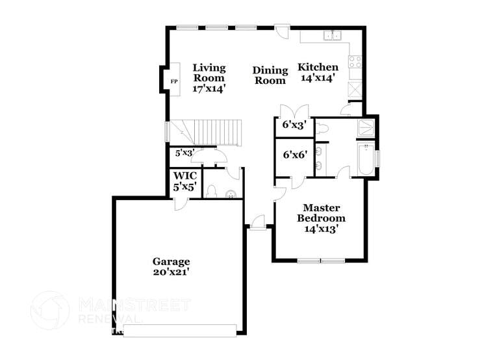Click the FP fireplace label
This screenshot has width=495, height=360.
(x=174, y=81)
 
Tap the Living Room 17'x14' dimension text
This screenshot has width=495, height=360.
(x=209, y=89)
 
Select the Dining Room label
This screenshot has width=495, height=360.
(x=270, y=75)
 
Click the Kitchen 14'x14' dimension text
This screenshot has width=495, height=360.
(x=318, y=78)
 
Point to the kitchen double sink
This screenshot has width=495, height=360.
(x=333, y=36)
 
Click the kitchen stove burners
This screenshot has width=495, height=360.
(x=355, y=62)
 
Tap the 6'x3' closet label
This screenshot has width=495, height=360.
(x=295, y=125)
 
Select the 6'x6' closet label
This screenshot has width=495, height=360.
(x=295, y=155)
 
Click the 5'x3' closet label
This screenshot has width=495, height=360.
(x=185, y=153)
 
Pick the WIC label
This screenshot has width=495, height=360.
(x=185, y=175)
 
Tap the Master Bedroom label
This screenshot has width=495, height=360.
(x=321, y=213)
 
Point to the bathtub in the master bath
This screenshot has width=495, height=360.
(x=366, y=159)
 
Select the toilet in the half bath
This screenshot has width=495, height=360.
(x=210, y=192)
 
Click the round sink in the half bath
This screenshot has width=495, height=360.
(x=231, y=194)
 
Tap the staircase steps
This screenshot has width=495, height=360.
(x=206, y=133)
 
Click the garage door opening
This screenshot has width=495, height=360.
(x=180, y=331)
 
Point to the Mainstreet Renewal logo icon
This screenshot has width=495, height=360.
(x=49, y=310)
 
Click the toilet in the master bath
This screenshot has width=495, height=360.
(x=322, y=129)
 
